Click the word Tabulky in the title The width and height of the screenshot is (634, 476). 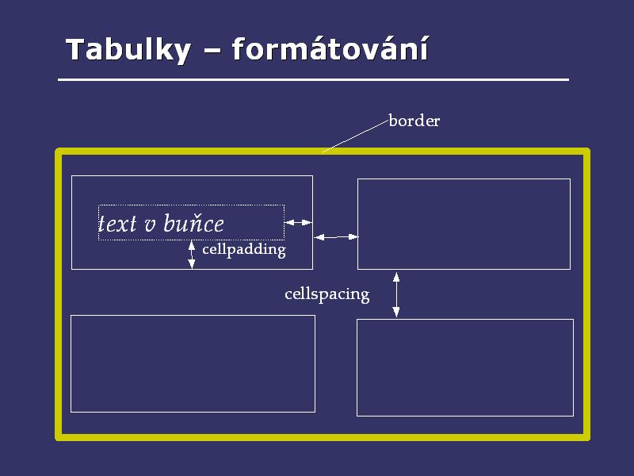(128, 49)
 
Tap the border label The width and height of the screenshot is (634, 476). (414, 121)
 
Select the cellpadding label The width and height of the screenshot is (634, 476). (244, 249)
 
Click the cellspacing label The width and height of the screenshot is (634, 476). (327, 294)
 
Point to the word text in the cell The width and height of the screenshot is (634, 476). (117, 225)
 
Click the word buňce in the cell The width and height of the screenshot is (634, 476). (193, 225)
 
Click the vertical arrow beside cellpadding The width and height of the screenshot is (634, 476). (191, 254)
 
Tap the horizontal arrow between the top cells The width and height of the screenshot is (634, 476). (335, 236)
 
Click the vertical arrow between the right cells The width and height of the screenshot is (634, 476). (396, 294)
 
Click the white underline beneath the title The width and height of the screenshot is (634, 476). (314, 80)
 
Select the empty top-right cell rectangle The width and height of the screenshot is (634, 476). (464, 224)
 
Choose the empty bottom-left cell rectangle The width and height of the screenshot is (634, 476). (193, 363)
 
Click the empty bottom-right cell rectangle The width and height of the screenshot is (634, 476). (464, 367)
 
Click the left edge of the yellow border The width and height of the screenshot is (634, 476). (59, 294)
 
